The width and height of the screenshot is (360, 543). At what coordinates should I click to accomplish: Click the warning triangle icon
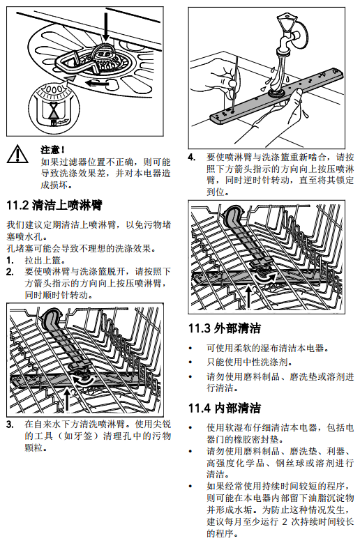[17, 155]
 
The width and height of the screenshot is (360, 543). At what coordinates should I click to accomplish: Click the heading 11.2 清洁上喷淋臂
[54, 206]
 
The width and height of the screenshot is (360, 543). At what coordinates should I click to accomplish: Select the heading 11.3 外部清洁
[225, 328]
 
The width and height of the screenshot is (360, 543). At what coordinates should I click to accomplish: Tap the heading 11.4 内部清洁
[225, 408]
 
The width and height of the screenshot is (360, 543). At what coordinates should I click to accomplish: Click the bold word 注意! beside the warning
[52, 150]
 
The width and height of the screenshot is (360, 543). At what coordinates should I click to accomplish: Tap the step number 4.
[192, 158]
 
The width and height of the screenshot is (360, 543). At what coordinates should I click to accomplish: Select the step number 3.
[10, 425]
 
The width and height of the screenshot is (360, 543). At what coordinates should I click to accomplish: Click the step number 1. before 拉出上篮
[10, 260]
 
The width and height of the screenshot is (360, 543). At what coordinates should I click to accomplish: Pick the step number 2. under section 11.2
[10, 272]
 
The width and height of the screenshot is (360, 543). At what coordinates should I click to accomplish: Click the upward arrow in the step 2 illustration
[66, 400]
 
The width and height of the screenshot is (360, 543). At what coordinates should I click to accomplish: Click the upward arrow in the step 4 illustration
[248, 297]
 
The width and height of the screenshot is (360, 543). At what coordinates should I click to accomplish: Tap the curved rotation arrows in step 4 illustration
[265, 277]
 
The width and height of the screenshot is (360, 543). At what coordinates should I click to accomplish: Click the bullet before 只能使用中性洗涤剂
[190, 362]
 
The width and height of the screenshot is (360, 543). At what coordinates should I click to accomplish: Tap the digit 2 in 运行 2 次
[285, 521]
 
